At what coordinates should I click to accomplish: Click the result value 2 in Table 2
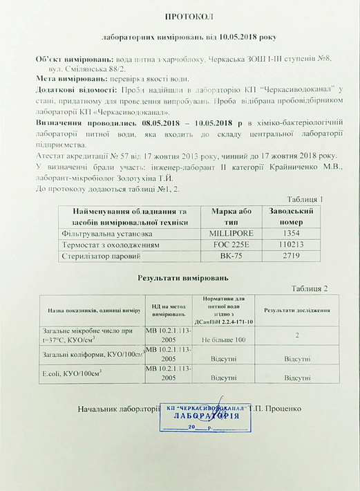(x=296, y=335)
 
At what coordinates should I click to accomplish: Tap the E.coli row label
(x=72, y=373)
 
